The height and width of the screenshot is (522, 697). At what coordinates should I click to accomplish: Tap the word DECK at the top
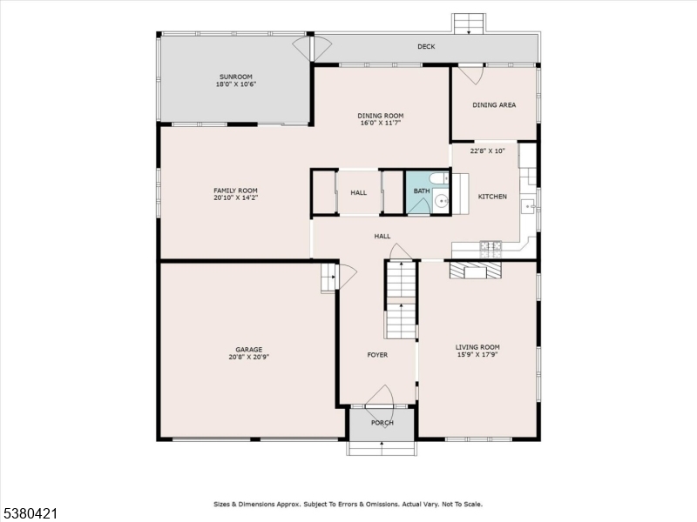click(x=426, y=47)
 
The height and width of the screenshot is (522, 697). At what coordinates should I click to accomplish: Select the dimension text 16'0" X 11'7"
click(x=381, y=124)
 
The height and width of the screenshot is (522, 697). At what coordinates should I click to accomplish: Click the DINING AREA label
click(x=494, y=105)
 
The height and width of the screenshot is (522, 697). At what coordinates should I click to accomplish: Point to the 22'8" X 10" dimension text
click(x=488, y=151)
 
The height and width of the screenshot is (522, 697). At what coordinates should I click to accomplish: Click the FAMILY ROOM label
click(x=235, y=191)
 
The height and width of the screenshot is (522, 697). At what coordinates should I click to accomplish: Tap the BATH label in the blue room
click(x=422, y=191)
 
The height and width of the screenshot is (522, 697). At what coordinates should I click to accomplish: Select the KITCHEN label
click(x=492, y=197)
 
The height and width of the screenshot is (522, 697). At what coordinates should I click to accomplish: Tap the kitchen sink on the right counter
click(x=526, y=206)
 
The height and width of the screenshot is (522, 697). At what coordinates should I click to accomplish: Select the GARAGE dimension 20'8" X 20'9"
click(x=247, y=357)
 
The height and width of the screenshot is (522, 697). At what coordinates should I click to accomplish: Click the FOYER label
click(x=377, y=355)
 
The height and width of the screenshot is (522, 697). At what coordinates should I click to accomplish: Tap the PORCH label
click(x=382, y=423)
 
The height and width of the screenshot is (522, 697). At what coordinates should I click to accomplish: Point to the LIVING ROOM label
click(x=477, y=347)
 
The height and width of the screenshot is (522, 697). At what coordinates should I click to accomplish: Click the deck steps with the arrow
click(x=469, y=23)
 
